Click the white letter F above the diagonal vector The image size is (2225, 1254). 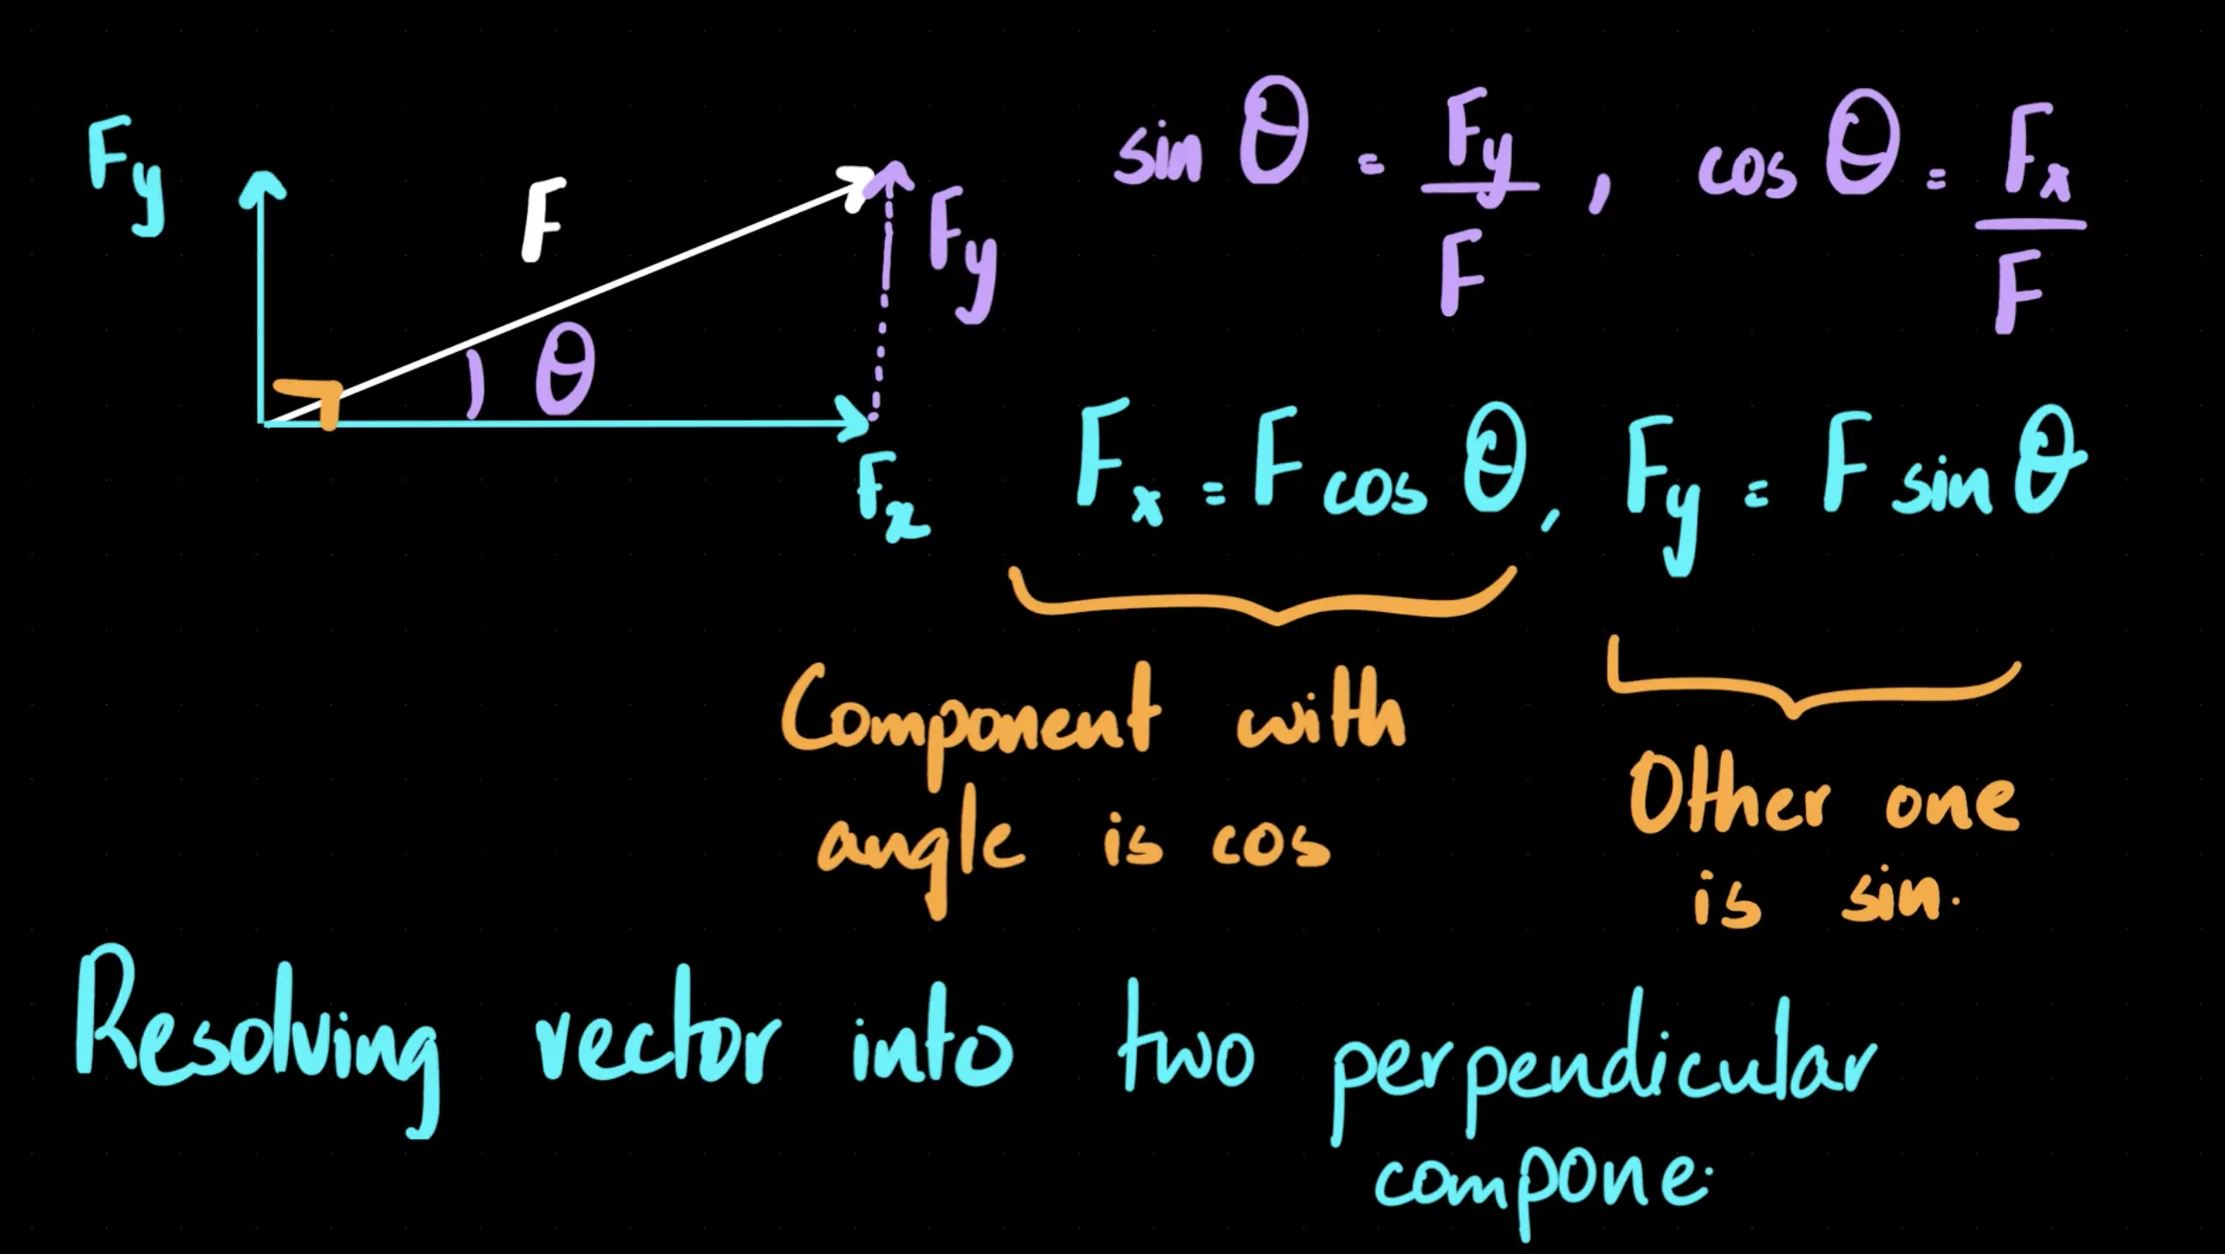(542, 220)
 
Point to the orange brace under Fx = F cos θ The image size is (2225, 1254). (1264, 602)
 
